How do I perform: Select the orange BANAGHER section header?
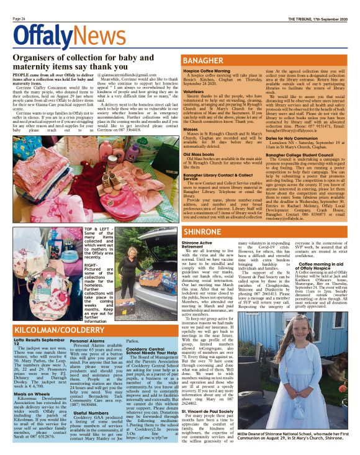click(205, 61)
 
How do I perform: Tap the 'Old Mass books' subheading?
click(200, 153)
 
